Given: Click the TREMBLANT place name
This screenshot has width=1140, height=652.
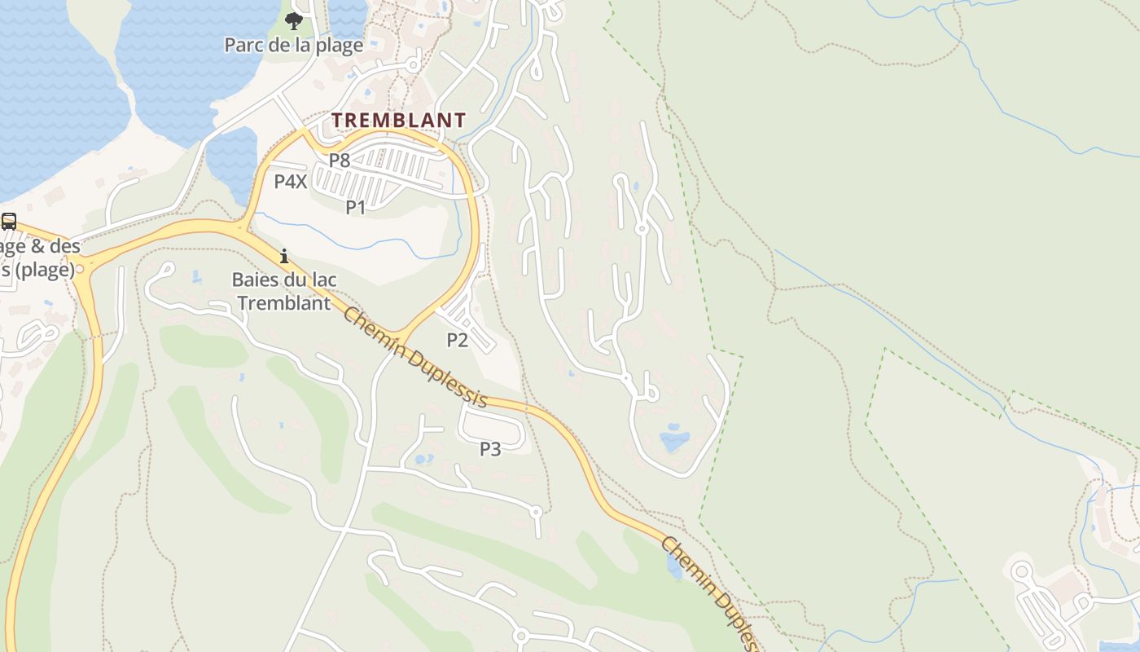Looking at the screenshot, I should [398, 120].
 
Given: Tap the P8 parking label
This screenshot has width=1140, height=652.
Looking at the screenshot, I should [340, 161].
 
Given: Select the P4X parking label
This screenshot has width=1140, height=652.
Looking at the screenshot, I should [290, 182].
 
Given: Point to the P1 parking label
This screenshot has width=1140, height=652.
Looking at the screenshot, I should [356, 207].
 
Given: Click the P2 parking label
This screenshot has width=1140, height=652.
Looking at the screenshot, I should [458, 340].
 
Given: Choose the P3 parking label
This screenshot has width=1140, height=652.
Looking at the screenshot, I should [490, 448].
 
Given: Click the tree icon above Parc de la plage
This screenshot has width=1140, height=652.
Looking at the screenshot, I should [294, 21].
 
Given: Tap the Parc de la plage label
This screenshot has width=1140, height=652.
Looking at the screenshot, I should [293, 45].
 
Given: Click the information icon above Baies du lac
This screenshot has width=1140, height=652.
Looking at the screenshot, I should [283, 256].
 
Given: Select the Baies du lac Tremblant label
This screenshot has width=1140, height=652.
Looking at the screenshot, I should [284, 291].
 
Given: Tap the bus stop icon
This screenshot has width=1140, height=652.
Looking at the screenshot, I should [9, 221].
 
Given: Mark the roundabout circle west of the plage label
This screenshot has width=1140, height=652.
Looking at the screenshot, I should [79, 268].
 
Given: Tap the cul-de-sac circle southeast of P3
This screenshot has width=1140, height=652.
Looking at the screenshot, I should [535, 512].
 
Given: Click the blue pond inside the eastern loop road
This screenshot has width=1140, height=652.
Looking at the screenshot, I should [674, 442].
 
